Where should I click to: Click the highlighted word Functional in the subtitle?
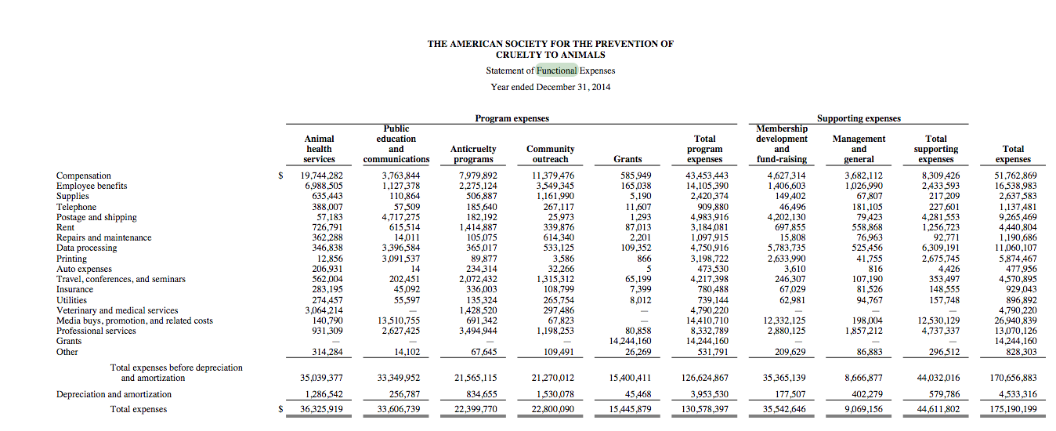(556, 71)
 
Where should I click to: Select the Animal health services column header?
(319, 149)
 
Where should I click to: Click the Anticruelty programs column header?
(473, 154)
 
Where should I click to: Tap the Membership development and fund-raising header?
(781, 143)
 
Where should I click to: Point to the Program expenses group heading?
(512, 118)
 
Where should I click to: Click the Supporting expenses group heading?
(859, 118)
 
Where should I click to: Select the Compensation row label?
(84, 176)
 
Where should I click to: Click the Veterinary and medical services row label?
(117, 310)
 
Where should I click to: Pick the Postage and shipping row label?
(96, 217)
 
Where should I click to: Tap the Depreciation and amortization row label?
(114, 394)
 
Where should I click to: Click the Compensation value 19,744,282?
(322, 176)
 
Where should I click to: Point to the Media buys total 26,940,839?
(1014, 321)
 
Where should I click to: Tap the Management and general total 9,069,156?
(860, 409)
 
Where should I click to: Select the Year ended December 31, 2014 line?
(550, 87)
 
